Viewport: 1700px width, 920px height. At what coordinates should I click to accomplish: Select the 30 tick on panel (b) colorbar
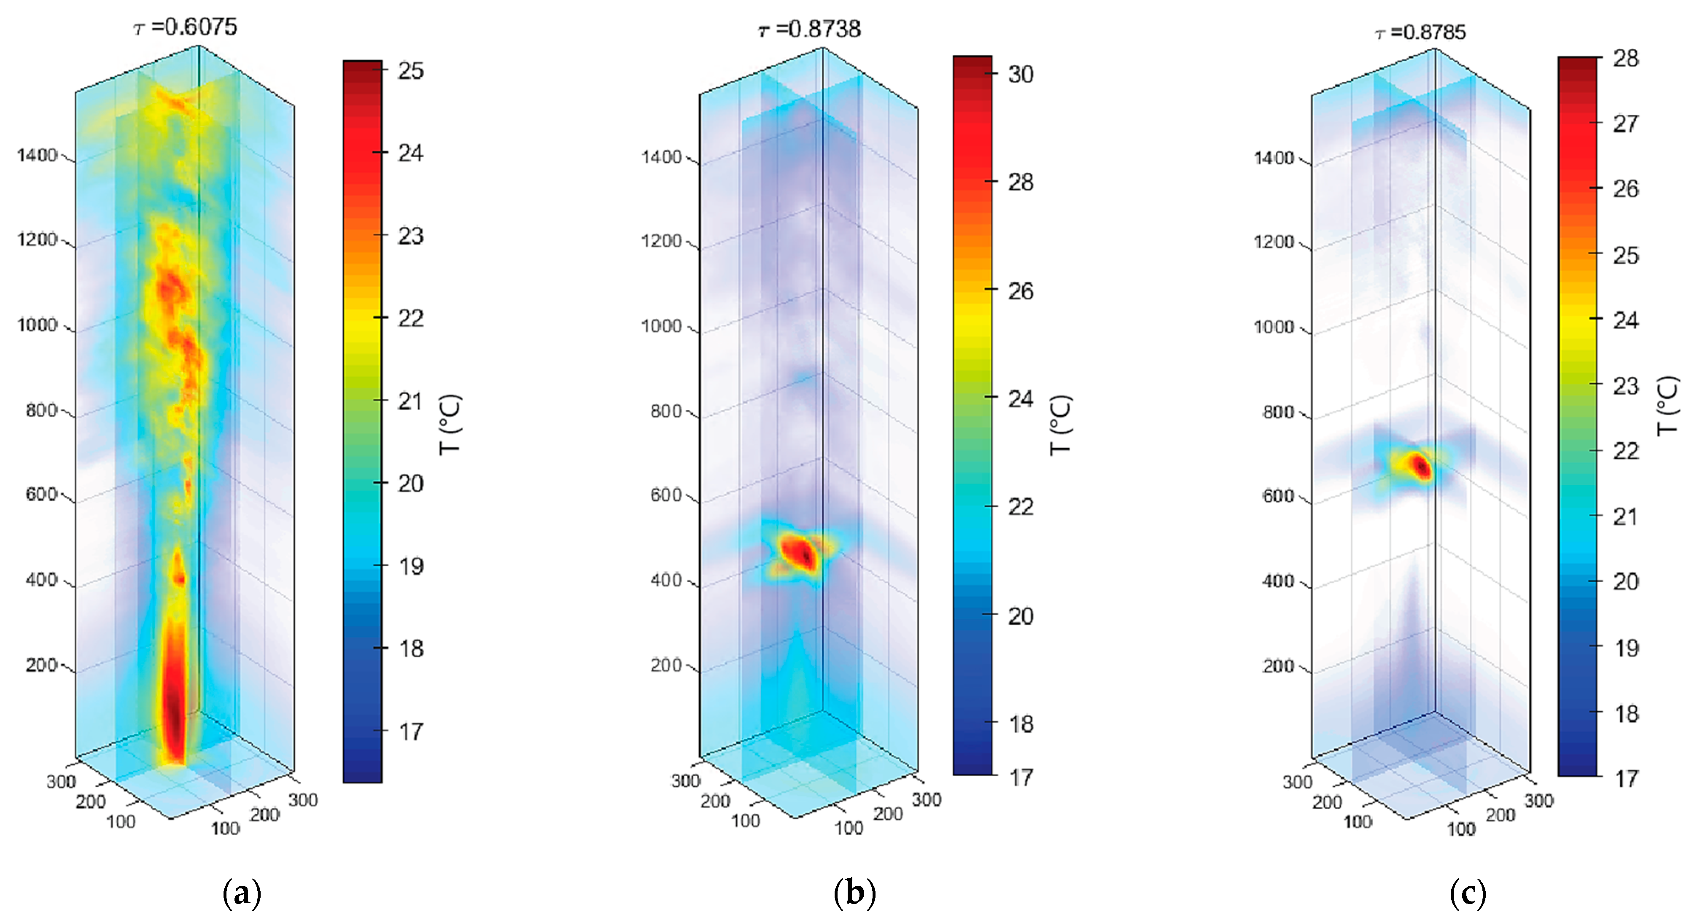(x=1020, y=74)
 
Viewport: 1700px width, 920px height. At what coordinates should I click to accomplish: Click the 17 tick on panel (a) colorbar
(x=410, y=731)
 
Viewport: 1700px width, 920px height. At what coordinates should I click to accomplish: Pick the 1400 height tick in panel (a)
(x=38, y=156)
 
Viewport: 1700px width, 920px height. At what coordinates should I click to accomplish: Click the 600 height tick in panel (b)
(x=666, y=495)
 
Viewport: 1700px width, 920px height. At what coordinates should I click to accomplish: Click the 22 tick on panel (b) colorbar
(x=1020, y=507)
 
